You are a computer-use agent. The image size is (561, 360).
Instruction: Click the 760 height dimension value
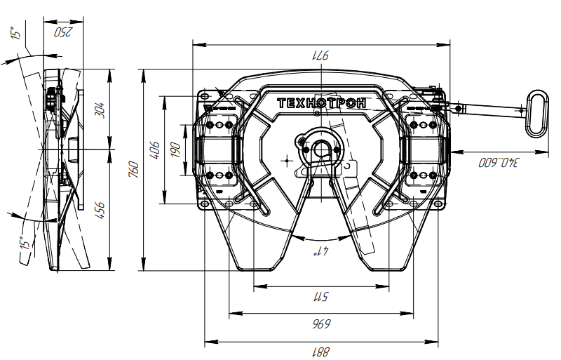tap(134, 169)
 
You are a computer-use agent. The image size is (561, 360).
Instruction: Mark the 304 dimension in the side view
tap(99, 109)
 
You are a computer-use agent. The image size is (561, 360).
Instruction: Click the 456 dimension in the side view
tap(99, 209)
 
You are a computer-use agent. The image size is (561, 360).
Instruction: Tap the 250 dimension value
tap(64, 32)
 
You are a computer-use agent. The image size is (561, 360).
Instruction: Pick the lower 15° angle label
tap(25, 244)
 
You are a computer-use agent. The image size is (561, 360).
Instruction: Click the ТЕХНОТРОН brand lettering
tap(322, 102)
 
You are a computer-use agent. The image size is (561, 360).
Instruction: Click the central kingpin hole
tap(323, 149)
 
